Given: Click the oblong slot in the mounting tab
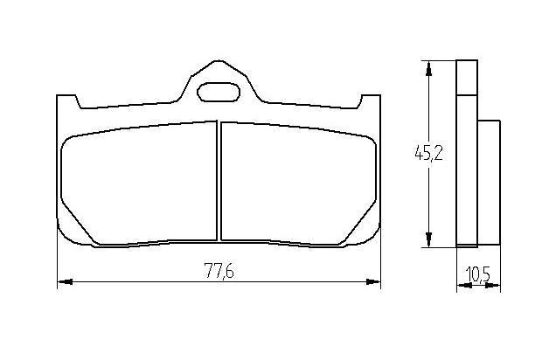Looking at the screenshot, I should click(218, 90).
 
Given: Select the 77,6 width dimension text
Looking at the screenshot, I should click(219, 271).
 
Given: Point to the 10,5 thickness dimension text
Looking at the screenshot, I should click(477, 274).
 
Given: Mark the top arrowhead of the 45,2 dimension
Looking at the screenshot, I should click(428, 66).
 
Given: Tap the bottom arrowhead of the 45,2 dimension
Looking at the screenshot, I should click(428, 241).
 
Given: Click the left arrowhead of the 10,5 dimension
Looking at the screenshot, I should click(461, 286).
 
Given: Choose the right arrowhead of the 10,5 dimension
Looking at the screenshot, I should click(495, 286).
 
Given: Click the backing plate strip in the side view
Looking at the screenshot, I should click(468, 154).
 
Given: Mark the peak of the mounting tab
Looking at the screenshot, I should click(218, 64).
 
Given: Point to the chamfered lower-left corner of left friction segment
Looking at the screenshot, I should click(77, 232).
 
